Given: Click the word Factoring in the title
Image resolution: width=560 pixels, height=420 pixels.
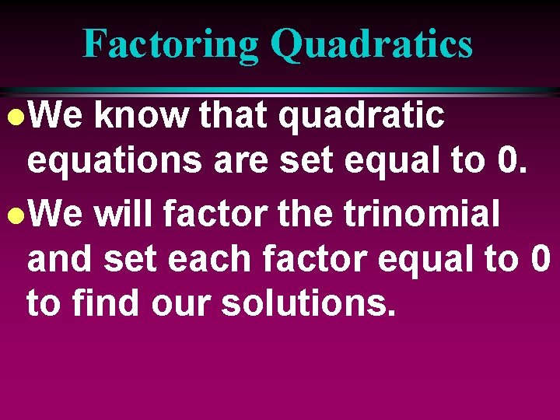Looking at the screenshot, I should [x=171, y=44].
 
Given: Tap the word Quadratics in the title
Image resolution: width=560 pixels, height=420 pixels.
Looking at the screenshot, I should [x=372, y=44].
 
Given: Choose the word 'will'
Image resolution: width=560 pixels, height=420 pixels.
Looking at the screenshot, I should [x=123, y=215].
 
